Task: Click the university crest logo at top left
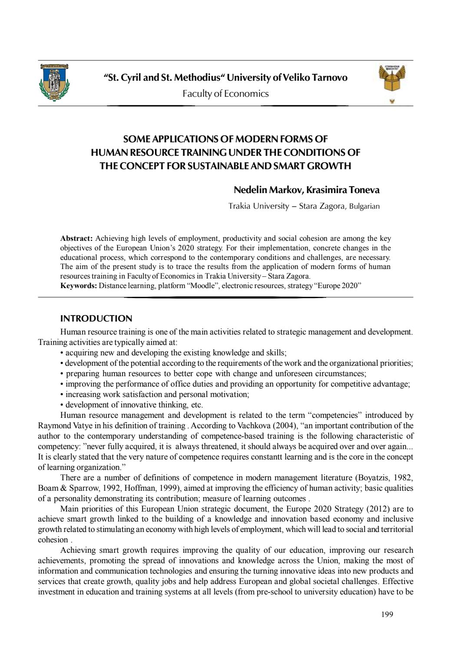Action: tap(54, 82)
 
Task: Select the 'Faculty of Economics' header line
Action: tap(225, 94)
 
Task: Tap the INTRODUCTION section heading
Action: tap(96, 318)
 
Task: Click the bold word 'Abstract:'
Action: tap(76, 238)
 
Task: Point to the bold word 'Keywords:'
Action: tap(79, 286)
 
